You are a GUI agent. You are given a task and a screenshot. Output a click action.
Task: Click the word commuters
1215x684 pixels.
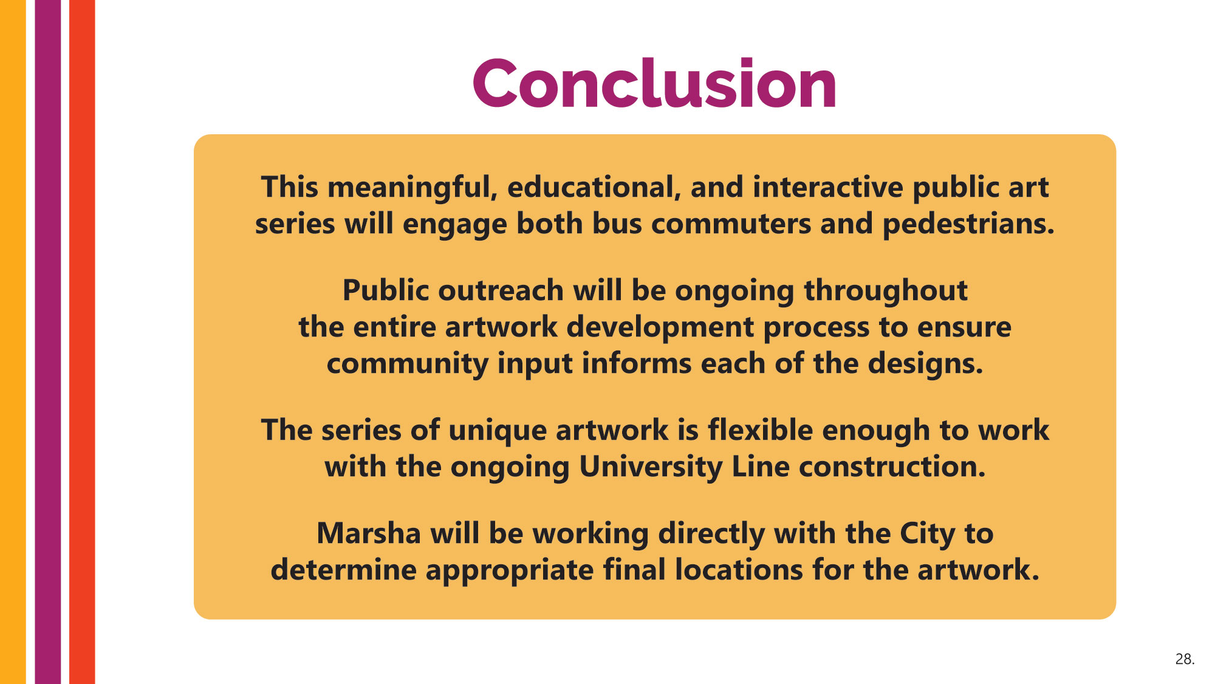click(x=731, y=224)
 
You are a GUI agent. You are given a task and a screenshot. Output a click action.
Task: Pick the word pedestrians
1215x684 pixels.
click(x=968, y=224)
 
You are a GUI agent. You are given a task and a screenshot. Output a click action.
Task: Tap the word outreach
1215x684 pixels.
click(x=501, y=290)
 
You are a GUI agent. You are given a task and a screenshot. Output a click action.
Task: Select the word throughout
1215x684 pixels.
click(x=886, y=291)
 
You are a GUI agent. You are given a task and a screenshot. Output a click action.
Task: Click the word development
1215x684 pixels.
click(x=660, y=327)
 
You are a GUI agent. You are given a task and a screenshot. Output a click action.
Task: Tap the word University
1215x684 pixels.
click(x=651, y=467)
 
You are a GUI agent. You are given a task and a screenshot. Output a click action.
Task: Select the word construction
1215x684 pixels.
click(x=892, y=467)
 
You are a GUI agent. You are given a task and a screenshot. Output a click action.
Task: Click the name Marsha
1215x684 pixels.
click(x=369, y=533)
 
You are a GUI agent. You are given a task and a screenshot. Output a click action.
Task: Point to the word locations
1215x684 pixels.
click(x=739, y=570)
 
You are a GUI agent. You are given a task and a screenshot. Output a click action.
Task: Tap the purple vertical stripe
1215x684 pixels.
click(x=48, y=342)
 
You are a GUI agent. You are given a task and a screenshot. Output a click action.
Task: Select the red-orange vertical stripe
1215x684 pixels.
click(x=82, y=342)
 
